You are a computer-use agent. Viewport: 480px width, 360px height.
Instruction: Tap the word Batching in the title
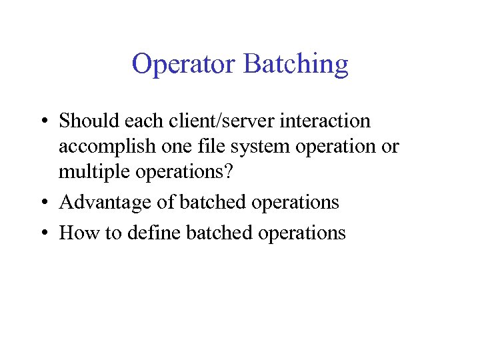click(296, 65)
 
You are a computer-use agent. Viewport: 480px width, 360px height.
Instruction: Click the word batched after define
click(211, 233)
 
